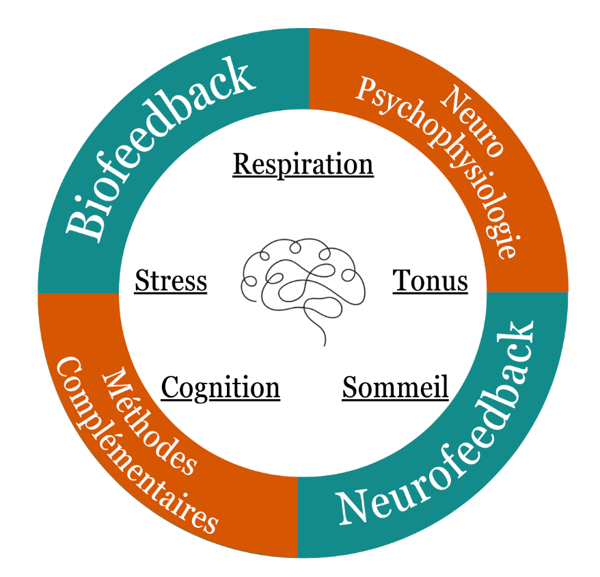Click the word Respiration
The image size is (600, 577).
point(303,164)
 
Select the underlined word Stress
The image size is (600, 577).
point(170,281)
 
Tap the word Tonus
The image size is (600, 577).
point(430,281)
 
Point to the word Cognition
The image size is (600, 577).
point(220,388)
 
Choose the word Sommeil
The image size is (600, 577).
point(395,387)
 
